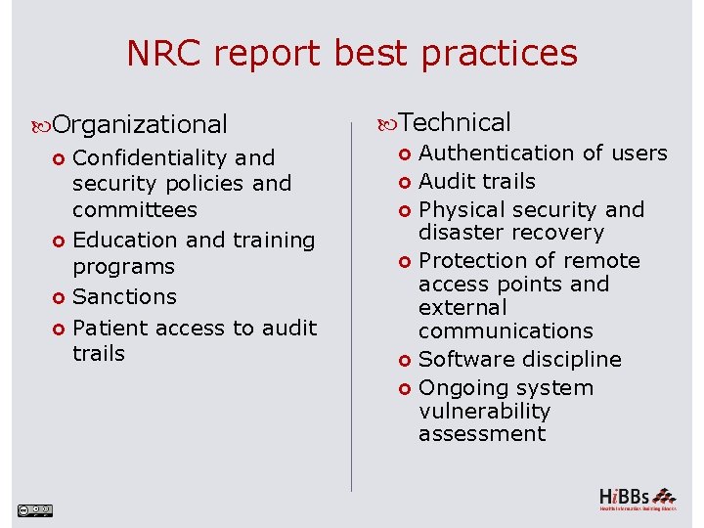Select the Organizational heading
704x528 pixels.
point(140,124)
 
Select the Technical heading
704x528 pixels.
point(455,122)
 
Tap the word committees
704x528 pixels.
point(135,209)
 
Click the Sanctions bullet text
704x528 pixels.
point(125,296)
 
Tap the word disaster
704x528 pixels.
point(460,233)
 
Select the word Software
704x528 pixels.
point(462,359)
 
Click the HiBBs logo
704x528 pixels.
point(637,498)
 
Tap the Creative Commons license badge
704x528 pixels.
point(35,509)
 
